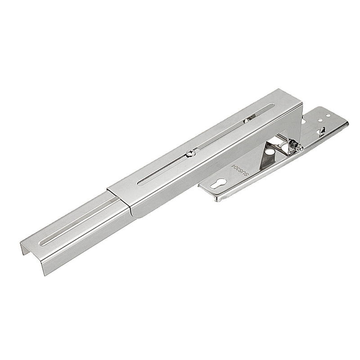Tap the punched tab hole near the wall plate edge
322,132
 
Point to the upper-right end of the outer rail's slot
270,107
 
